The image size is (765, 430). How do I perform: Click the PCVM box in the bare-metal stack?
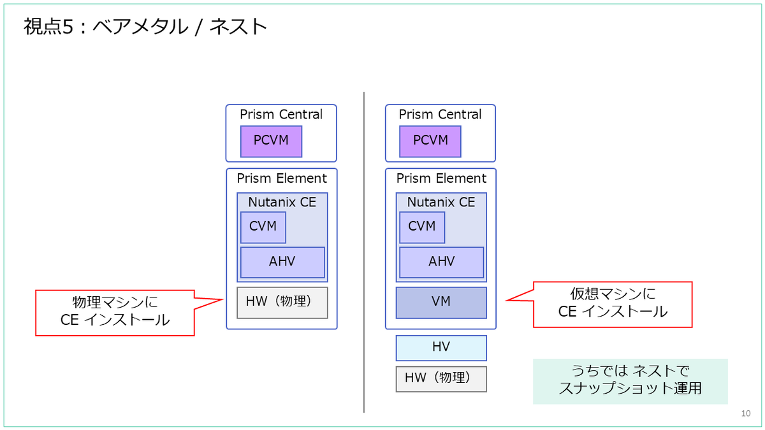click(x=271, y=141)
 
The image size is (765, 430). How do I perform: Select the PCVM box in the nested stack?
click(x=430, y=141)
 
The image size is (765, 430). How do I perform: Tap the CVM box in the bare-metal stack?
click(x=263, y=227)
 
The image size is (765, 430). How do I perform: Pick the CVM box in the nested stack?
click(x=422, y=227)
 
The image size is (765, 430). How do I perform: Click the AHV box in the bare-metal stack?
click(x=282, y=262)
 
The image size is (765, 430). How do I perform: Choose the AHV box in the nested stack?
click(x=442, y=262)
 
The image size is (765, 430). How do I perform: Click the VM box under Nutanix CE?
click(x=441, y=303)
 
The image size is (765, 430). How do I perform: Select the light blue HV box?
click(x=441, y=348)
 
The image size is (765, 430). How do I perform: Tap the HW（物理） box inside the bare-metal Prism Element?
click(x=282, y=303)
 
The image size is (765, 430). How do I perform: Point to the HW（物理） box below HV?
click(x=441, y=379)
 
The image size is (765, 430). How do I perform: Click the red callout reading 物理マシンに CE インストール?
click(x=115, y=313)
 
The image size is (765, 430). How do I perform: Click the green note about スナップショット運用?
click(x=630, y=382)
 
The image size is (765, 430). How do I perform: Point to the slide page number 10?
click(x=745, y=413)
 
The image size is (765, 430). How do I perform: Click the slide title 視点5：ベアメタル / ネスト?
click(x=145, y=27)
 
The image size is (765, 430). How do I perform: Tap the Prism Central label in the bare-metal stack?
click(x=281, y=114)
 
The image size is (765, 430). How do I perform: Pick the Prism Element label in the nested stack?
click(x=441, y=178)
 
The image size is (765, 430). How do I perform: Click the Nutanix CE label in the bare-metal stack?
click(x=282, y=202)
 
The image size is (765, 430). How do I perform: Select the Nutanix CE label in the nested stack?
click(x=441, y=202)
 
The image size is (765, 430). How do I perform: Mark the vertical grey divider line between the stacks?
click(x=364, y=252)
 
